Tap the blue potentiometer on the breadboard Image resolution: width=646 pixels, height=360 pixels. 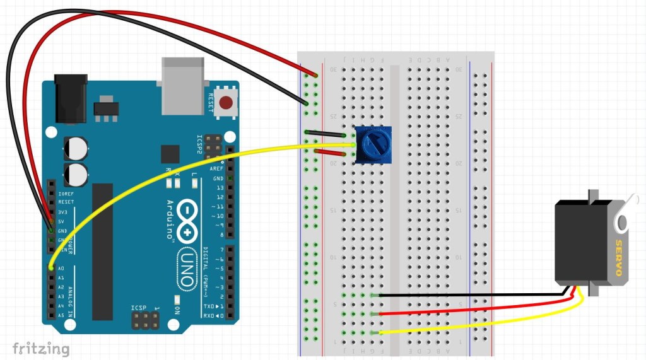tap(373, 144)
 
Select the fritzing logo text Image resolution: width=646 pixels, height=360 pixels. tap(40, 348)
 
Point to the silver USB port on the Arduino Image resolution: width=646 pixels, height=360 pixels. tap(184, 86)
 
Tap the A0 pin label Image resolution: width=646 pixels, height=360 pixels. tap(61, 268)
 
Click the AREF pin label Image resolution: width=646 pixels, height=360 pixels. tap(217, 169)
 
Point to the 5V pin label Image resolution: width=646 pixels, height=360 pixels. tap(62, 221)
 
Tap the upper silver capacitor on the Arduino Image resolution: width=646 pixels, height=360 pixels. tap(75, 148)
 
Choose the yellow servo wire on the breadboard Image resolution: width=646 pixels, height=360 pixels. tap(479, 327)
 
